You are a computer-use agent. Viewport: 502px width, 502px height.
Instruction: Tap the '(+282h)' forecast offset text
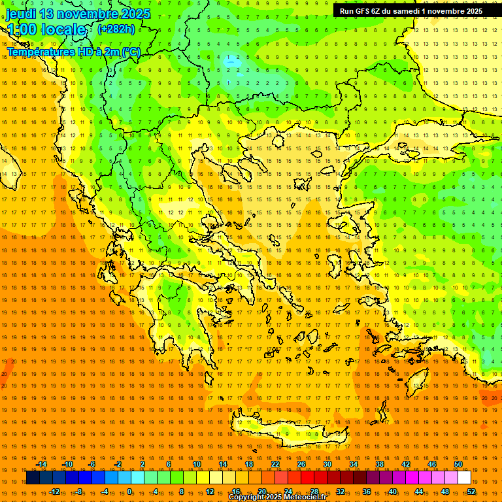(116, 29)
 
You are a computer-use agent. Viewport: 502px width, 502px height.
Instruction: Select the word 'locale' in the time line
(62, 29)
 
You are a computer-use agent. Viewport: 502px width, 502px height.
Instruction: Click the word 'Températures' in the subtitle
(40, 52)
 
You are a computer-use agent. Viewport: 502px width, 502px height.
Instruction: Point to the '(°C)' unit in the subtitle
(129, 52)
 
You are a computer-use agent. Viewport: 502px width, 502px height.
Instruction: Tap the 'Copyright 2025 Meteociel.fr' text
(277, 497)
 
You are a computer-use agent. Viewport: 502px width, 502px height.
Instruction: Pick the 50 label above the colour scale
(458, 464)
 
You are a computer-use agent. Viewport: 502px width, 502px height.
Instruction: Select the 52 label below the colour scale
(471, 492)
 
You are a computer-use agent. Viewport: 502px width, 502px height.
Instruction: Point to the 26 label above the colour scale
(301, 464)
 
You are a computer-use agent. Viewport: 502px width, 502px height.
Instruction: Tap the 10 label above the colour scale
(197, 464)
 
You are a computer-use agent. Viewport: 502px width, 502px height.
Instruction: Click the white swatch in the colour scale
(464, 478)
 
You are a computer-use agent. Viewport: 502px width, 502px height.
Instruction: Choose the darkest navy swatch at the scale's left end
(33, 478)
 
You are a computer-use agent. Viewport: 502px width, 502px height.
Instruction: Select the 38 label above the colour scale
(380, 464)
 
